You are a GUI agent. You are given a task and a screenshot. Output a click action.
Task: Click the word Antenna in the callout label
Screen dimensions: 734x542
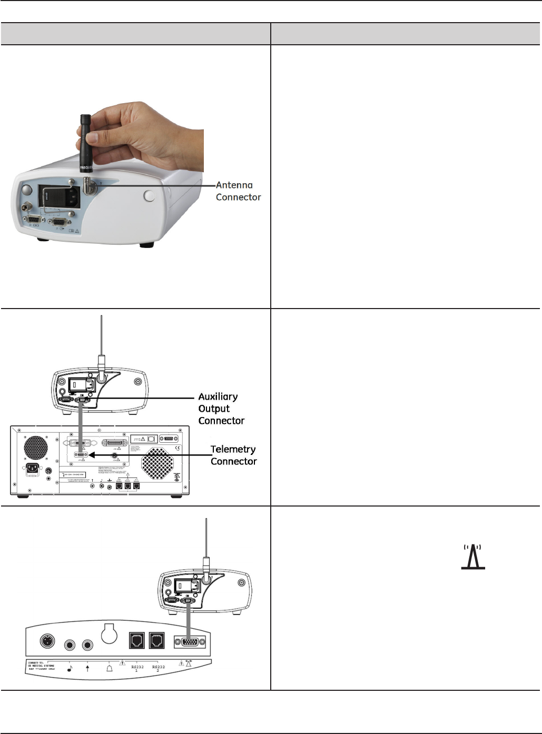pos(234,185)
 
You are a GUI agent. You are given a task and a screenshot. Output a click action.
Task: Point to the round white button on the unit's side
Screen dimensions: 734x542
pos(149,196)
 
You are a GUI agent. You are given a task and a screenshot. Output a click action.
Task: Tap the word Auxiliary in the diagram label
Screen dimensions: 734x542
pos(218,396)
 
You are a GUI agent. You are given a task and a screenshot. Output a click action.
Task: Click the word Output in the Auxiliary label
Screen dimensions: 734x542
pos(214,409)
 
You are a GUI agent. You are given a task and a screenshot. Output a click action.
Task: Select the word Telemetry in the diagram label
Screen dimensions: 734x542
pos(233,449)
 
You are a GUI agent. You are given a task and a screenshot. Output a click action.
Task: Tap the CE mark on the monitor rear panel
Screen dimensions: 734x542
pos(178,449)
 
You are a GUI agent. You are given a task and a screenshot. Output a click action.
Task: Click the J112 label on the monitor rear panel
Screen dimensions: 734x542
pos(139,439)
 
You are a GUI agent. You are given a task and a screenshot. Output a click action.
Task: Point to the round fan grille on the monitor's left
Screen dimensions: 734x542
pos(36,448)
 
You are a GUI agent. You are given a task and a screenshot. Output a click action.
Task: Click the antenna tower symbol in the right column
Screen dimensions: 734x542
pos(472,557)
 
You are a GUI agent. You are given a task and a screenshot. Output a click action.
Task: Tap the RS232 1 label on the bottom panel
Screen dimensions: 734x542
pos(136,668)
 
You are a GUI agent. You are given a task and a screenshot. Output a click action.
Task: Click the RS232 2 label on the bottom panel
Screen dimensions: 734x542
pos(158,668)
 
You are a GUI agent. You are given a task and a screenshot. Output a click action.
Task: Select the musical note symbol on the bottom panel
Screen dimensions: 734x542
pos(70,669)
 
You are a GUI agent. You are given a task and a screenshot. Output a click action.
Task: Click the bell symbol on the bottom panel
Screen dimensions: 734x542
pos(109,669)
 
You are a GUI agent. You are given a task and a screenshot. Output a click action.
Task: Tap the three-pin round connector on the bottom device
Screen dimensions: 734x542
pos(47,641)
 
